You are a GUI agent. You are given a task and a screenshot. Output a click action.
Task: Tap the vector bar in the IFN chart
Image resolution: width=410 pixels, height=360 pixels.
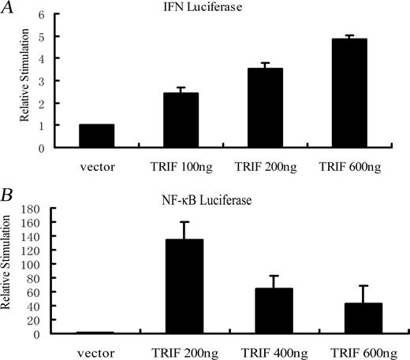(x=96, y=135)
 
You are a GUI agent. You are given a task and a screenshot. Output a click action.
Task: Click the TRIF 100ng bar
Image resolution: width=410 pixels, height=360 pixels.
(x=181, y=120)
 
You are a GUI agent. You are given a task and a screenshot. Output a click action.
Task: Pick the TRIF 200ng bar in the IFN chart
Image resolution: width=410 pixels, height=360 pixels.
(x=265, y=108)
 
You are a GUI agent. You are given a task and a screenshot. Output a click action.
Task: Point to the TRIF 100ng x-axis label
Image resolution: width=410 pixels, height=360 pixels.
(x=181, y=165)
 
